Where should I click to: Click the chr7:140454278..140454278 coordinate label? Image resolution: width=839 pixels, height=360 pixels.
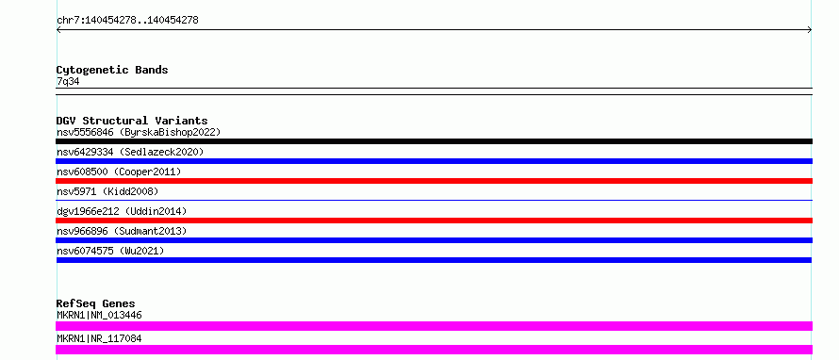point(127,21)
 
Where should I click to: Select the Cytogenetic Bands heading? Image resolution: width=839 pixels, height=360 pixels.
point(112,70)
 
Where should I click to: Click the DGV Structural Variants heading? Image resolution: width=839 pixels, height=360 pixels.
point(132,121)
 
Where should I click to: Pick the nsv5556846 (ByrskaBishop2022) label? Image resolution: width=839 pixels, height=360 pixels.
point(139,132)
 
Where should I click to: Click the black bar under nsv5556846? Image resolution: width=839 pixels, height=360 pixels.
point(434,141)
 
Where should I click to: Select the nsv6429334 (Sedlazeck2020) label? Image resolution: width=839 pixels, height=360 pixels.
point(130,152)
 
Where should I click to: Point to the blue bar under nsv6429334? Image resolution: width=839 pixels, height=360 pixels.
point(434,161)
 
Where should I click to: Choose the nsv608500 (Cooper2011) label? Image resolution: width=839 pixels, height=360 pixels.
point(119,172)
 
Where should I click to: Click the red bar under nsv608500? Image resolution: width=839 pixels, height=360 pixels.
point(434,181)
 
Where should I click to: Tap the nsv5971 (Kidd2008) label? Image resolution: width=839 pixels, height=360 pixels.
point(107,191)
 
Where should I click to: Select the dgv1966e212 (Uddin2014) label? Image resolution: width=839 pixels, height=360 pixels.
point(122,211)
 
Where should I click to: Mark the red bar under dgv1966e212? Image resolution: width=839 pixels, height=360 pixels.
point(434,221)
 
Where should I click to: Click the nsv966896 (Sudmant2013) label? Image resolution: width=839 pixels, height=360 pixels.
point(122,231)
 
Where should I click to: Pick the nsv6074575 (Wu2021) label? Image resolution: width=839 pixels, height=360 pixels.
point(110,251)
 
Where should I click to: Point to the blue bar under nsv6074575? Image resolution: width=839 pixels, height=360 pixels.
point(434,260)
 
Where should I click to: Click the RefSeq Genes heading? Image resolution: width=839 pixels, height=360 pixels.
point(96,303)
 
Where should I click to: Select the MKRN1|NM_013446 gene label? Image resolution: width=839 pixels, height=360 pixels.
point(99,315)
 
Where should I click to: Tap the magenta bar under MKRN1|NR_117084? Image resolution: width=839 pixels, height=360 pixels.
point(434,350)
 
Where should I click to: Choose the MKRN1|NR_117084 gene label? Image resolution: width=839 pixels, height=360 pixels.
point(99,338)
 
